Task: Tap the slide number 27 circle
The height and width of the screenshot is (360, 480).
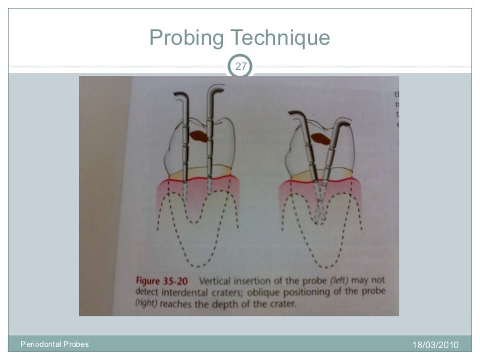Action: click(241, 66)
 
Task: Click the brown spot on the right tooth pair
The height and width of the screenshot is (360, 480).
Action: click(321, 139)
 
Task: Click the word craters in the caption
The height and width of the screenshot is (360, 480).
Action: click(229, 291)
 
